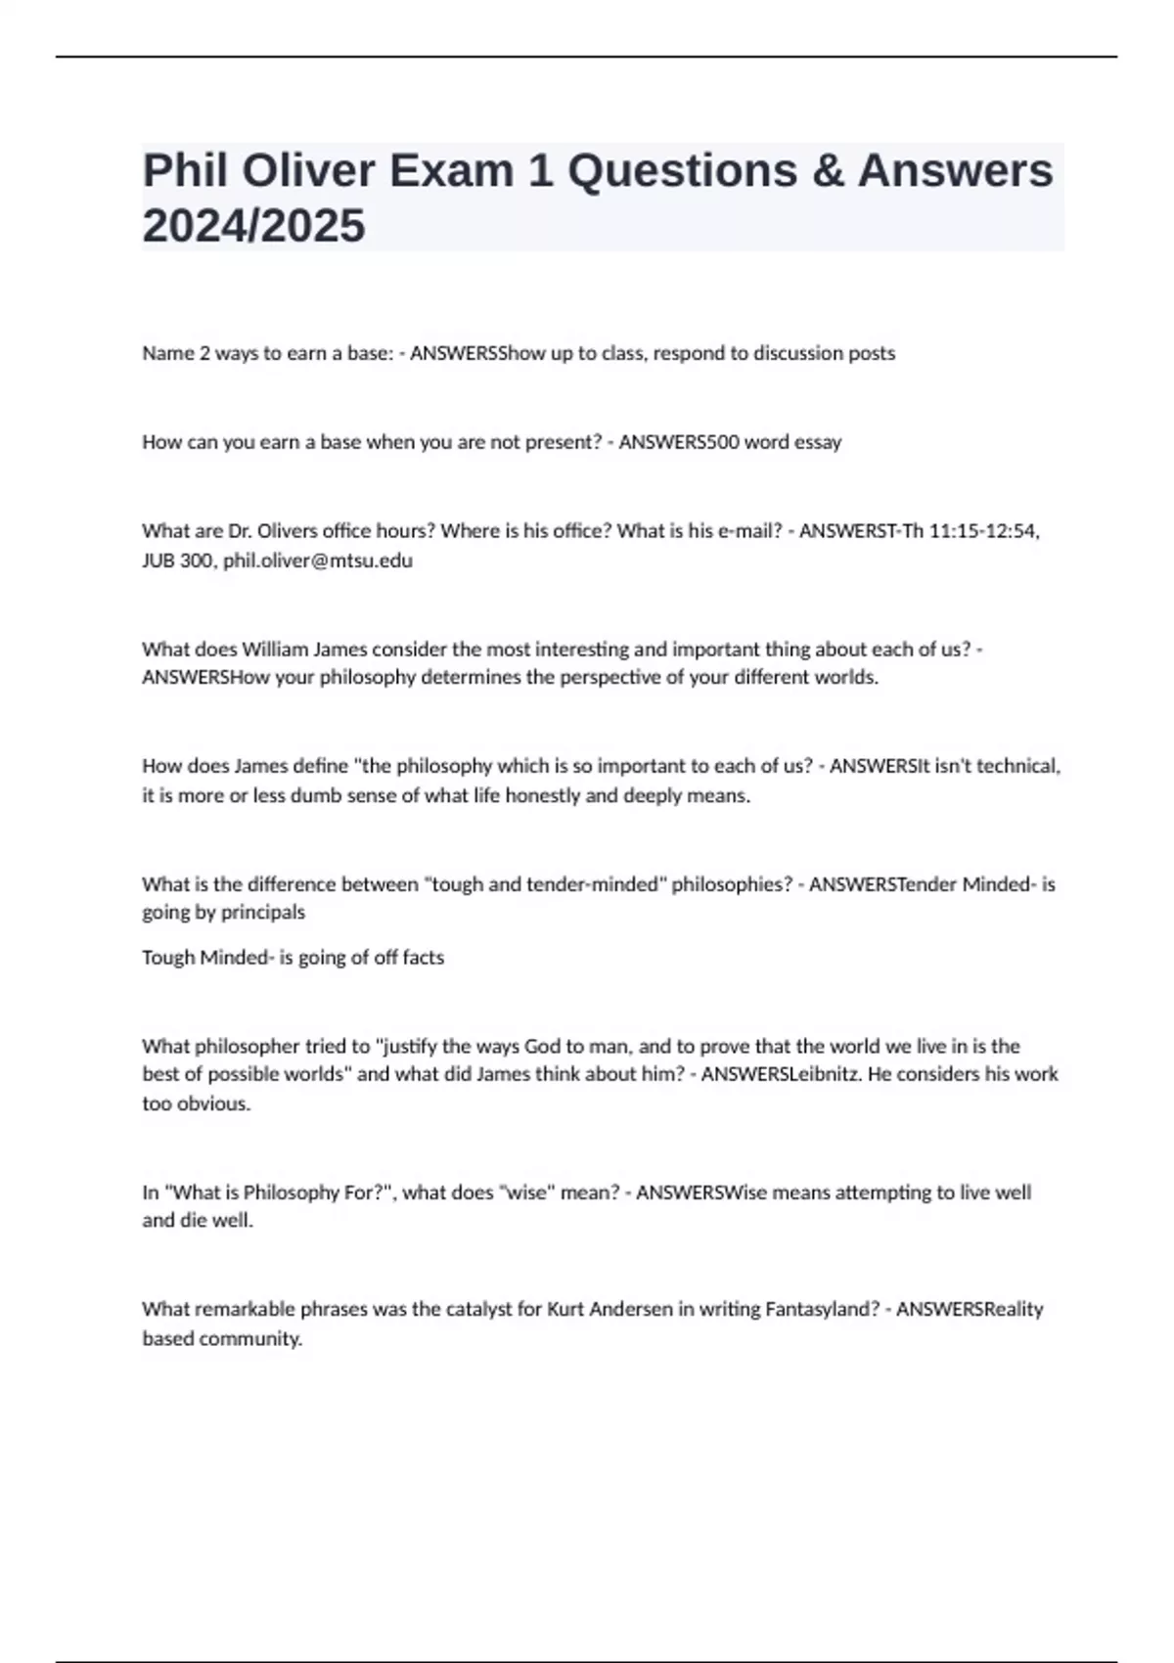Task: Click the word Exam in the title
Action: (x=451, y=171)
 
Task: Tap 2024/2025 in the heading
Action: (x=253, y=226)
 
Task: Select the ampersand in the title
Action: (x=828, y=171)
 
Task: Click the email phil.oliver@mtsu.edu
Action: (x=318, y=561)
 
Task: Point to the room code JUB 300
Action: (x=179, y=561)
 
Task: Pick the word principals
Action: (x=263, y=913)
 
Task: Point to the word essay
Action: (x=818, y=442)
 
